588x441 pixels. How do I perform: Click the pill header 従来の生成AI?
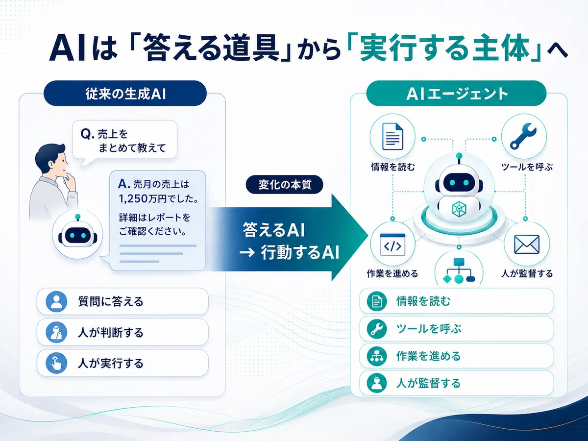(x=125, y=93)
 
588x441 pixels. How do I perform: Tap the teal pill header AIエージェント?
(x=456, y=93)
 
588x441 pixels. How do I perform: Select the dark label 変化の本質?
(x=285, y=185)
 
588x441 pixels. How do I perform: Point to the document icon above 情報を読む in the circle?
(x=392, y=136)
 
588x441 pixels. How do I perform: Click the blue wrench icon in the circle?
(x=523, y=136)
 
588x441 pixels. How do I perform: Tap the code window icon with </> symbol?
(x=392, y=245)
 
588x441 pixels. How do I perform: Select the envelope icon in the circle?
(x=527, y=244)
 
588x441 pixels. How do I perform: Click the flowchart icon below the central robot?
(x=459, y=270)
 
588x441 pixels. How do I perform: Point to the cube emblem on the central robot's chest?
(x=459, y=209)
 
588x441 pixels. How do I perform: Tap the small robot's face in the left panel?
(x=78, y=236)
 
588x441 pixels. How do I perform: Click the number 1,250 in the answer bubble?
(x=133, y=198)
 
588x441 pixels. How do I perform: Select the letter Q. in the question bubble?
(x=88, y=134)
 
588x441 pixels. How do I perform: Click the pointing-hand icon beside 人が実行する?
(x=56, y=363)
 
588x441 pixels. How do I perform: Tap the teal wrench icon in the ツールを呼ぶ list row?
(x=377, y=329)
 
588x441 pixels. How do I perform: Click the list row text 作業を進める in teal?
(x=429, y=356)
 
